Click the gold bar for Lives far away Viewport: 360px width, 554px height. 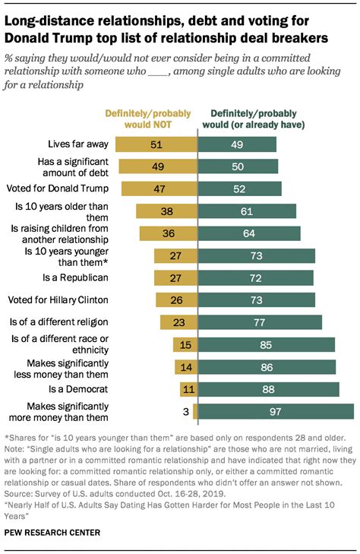tap(158, 144)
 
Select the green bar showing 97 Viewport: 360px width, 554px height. tap(276, 411)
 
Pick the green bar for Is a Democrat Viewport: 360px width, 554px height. tap(268, 389)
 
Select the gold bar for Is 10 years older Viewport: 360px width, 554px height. tap(166, 211)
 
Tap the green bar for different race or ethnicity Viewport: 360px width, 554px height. tap(267, 345)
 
